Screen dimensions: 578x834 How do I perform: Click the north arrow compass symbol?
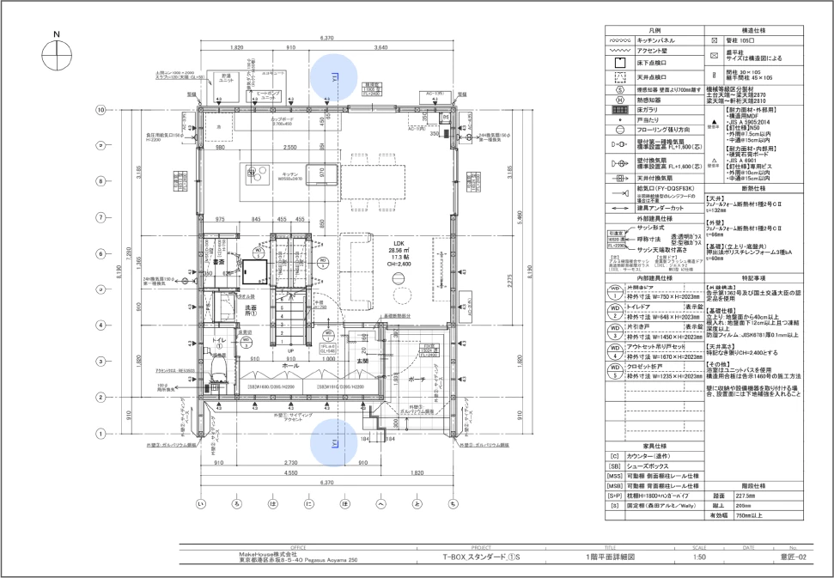point(57,53)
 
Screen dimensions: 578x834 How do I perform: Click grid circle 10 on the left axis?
point(100,110)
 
